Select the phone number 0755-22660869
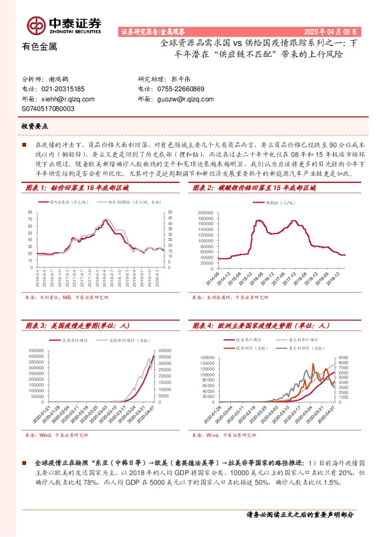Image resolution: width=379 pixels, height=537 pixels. [180, 89]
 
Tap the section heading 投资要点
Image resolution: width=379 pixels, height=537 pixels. [35, 127]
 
